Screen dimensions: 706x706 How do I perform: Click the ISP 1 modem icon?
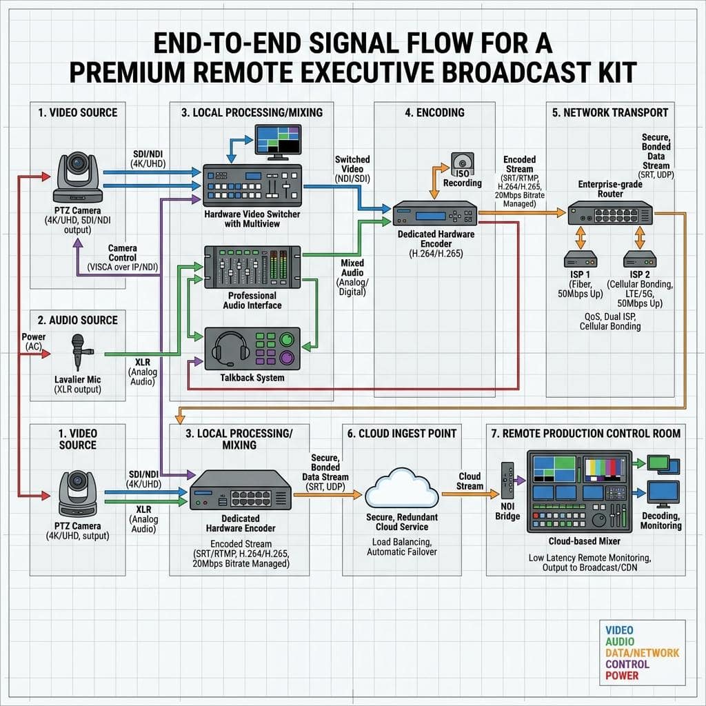click(580, 260)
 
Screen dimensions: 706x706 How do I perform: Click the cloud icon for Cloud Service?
click(402, 490)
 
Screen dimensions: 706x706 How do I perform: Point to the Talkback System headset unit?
click(252, 349)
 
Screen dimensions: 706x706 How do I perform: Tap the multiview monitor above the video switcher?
click(278, 140)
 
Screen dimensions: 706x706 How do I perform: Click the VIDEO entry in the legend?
click(619, 630)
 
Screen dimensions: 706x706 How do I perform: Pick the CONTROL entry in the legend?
click(627, 665)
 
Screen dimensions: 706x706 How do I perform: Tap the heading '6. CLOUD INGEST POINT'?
click(401, 433)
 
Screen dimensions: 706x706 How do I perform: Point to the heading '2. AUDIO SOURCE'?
click(78, 320)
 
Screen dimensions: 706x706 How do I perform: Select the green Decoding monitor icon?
click(664, 467)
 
